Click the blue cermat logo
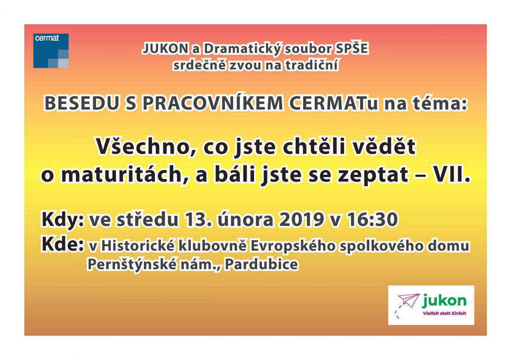pos(51,51)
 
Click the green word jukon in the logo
pos(444,301)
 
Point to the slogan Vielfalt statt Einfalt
pos(445,313)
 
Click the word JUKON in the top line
pos(165,49)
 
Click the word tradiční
pos(312,65)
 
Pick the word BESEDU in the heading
pos(82,104)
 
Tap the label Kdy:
pos(63,219)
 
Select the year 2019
pos(301,219)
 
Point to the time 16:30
pos(372,219)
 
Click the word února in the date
pos(245,219)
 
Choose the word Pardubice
pos(261,265)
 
